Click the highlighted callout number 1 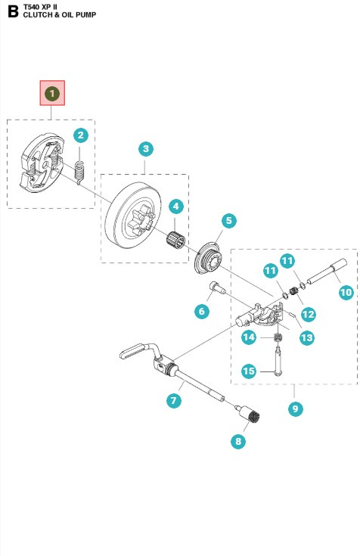coord(52,94)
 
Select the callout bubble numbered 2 coord(81,135)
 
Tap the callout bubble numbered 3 coord(146,149)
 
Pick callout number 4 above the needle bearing coord(176,207)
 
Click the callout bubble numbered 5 coord(228,221)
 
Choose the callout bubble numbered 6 coord(202,312)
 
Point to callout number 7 coord(174,401)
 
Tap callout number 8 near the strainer coord(238,442)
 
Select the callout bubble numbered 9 coord(296,408)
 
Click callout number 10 coord(346,293)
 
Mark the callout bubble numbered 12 coord(308,314)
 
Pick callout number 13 coord(306,337)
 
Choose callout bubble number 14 coord(249,337)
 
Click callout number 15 coord(249,371)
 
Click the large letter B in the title coord(13,11)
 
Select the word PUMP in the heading coord(86,15)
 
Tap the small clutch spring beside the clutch coord(80,172)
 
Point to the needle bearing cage coord(176,241)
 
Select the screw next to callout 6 coord(217,288)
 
